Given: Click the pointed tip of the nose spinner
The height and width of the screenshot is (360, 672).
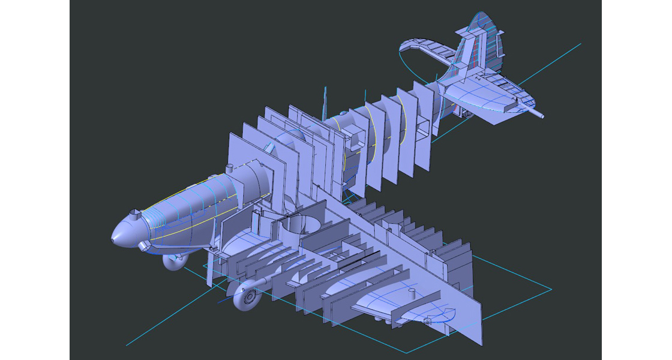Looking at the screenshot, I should tap(113, 239).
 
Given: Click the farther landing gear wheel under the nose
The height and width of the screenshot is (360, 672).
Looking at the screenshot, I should tap(173, 262).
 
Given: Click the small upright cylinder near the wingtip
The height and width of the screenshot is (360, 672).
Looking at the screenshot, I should tap(412, 292).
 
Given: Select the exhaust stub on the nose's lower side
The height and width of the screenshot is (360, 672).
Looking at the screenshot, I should tap(144, 245).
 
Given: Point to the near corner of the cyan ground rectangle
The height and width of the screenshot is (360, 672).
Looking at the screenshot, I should tap(407, 353).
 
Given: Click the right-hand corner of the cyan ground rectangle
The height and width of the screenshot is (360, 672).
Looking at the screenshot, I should tap(551, 290).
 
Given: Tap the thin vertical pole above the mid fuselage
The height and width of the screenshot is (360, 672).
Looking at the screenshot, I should tap(325, 99).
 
